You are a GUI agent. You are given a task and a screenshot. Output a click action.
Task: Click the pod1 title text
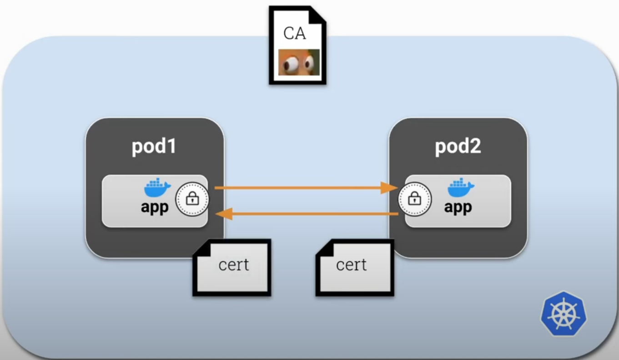tap(154, 147)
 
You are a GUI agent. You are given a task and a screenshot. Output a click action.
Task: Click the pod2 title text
tap(458, 147)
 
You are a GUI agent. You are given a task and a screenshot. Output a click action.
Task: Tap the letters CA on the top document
tap(294, 33)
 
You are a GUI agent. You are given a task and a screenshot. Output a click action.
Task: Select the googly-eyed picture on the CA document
tap(299, 62)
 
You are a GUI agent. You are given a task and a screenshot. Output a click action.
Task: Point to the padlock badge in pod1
tap(192, 199)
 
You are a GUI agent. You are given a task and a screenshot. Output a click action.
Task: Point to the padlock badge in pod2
tap(415, 199)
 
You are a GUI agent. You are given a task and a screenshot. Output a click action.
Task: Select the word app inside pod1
tap(155, 207)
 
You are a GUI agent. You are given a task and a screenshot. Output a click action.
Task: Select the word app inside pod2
tap(458, 207)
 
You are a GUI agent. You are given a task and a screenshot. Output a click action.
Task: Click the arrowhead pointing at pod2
tap(388, 188)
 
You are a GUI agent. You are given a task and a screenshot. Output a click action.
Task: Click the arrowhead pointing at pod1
tap(225, 213)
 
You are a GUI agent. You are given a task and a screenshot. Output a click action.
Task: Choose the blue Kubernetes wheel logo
tap(564, 314)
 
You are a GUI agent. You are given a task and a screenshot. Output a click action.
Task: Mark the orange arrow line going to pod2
tap(300, 188)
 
